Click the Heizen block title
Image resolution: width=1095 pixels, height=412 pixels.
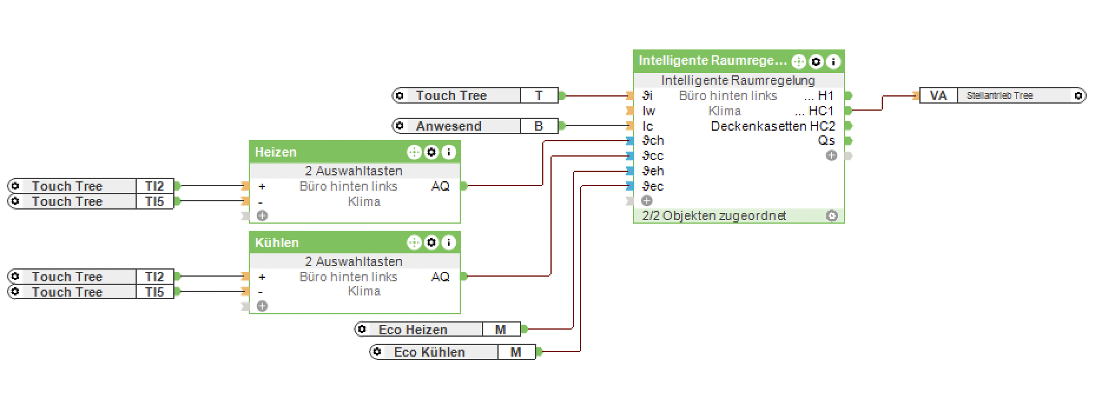pos(276,152)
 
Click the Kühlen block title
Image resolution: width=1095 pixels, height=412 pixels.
pos(277,243)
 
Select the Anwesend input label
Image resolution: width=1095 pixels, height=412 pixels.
pos(448,126)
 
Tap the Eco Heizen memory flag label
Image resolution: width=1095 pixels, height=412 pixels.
pos(413,330)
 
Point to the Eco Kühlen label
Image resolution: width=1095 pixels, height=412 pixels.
pos(429,352)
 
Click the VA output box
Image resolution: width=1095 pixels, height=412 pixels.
pos(938,95)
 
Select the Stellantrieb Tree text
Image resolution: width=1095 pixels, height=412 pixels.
pos(1000,95)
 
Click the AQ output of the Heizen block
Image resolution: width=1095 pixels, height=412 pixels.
pos(440,186)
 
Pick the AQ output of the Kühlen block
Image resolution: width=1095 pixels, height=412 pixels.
pos(440,277)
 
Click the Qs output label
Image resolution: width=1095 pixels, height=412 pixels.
pos(826,141)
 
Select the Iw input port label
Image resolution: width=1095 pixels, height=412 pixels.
pos(649,111)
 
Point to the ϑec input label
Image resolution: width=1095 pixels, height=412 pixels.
pos(653,186)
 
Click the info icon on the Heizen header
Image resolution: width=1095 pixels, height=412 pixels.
pos(449,152)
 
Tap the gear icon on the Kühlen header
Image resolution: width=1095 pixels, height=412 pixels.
pos(432,242)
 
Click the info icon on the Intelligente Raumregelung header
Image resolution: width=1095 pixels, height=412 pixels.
pos(833,61)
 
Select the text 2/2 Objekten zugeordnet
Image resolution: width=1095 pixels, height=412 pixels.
pos(714,215)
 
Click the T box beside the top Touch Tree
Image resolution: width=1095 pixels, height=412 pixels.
pos(539,95)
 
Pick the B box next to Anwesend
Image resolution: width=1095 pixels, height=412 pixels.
pos(539,126)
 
